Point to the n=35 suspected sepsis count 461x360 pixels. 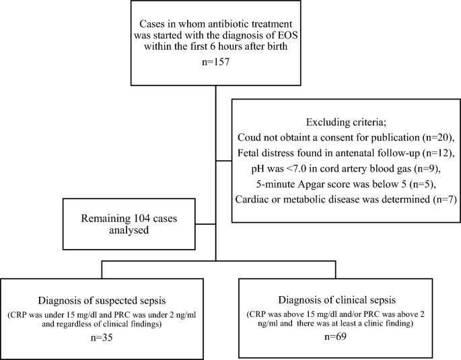(x=102, y=337)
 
